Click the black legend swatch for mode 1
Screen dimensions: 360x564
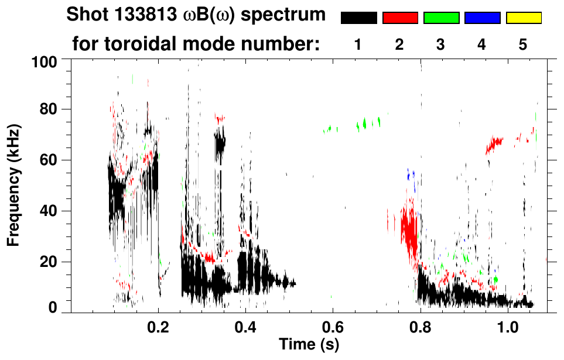358,18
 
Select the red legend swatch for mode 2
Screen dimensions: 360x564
400,18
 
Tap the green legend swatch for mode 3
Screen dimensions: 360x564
441,18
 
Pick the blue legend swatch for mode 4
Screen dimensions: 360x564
482,18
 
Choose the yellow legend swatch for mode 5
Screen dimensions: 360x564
523,18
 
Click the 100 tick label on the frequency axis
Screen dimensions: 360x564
45,61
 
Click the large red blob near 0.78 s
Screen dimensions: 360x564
409,229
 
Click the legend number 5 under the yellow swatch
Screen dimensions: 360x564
523,44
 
